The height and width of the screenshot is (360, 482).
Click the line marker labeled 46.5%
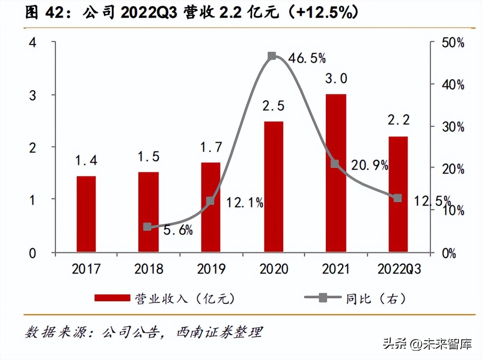(272, 56)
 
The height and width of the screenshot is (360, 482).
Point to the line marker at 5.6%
(147, 227)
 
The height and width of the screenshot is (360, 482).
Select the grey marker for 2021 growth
(335, 164)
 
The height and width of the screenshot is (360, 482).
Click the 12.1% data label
(245, 203)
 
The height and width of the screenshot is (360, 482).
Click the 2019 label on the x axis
(211, 269)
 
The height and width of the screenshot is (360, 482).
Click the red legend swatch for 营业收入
(112, 298)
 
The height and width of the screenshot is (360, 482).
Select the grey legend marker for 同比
(323, 298)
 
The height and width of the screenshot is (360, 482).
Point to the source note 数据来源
(143, 333)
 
